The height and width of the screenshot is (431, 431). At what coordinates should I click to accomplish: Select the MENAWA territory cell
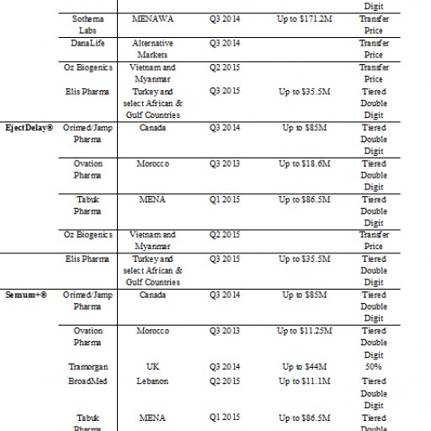pyautogui.click(x=154, y=17)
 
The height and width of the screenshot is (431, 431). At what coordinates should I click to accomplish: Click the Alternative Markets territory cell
pyautogui.click(x=154, y=48)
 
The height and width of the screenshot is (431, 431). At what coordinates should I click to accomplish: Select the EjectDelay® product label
pyautogui.click(x=29, y=128)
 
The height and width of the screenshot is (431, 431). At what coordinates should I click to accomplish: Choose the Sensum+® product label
pyautogui.click(x=27, y=295)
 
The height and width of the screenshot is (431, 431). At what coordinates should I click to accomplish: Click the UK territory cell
pyautogui.click(x=153, y=367)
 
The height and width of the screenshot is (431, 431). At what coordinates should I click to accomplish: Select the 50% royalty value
pyautogui.click(x=374, y=367)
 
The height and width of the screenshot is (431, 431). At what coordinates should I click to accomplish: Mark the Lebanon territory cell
pyautogui.click(x=153, y=381)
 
